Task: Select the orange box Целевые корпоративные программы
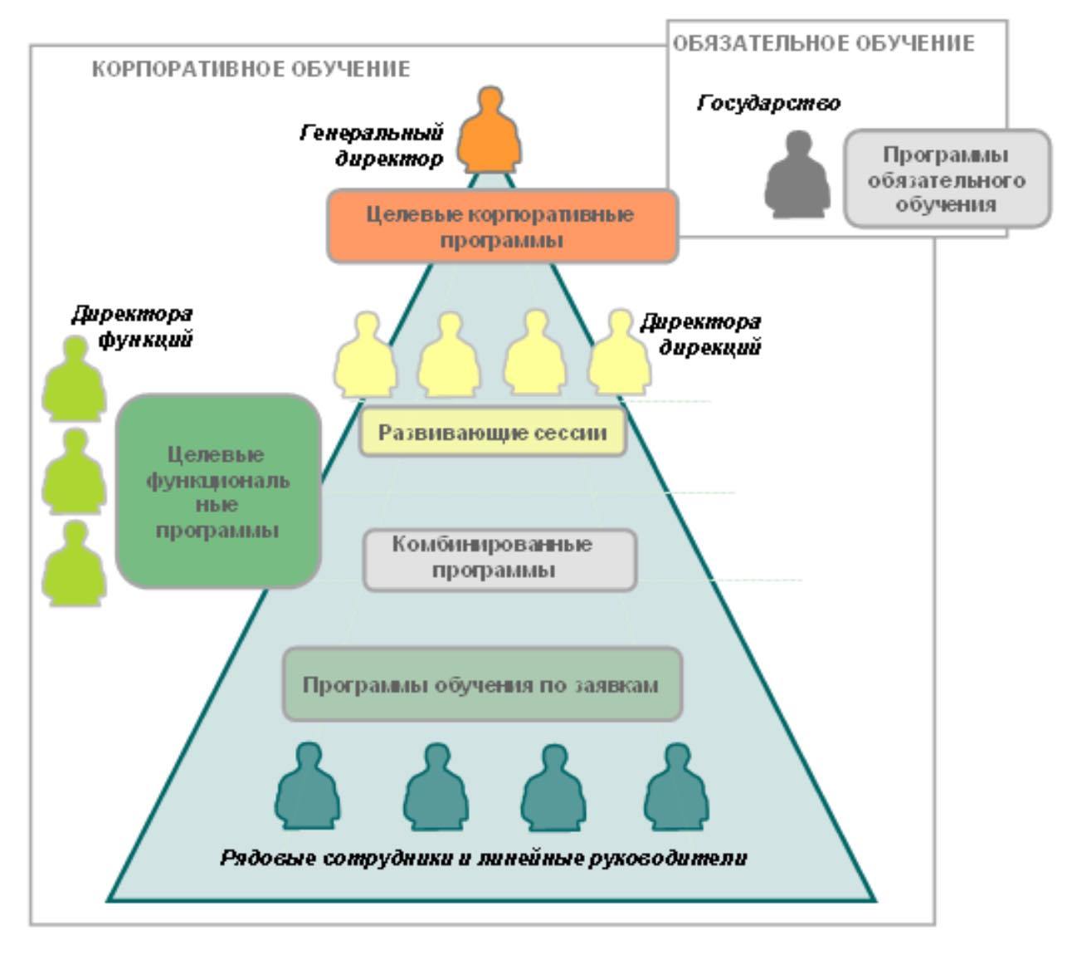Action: (x=502, y=227)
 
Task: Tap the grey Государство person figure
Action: (x=797, y=176)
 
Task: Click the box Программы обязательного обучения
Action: (x=946, y=179)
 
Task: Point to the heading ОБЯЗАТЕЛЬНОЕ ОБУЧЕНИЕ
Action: (x=823, y=43)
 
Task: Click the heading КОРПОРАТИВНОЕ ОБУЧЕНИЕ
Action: (x=251, y=69)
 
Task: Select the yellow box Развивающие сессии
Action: (x=493, y=433)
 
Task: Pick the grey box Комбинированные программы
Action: (x=499, y=558)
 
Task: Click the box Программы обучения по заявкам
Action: (x=482, y=685)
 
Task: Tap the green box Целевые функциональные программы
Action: (x=217, y=492)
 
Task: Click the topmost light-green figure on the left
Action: (x=75, y=377)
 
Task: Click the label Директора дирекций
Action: (x=702, y=334)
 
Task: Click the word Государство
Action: (x=768, y=104)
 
